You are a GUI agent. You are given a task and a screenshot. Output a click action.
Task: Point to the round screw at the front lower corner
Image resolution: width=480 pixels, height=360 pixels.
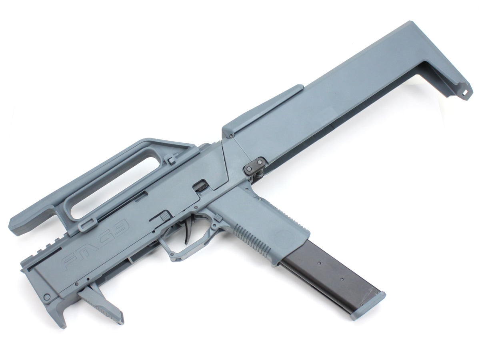tap(47, 297)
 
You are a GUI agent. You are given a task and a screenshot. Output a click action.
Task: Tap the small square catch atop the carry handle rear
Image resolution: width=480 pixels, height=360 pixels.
tap(172, 160)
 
